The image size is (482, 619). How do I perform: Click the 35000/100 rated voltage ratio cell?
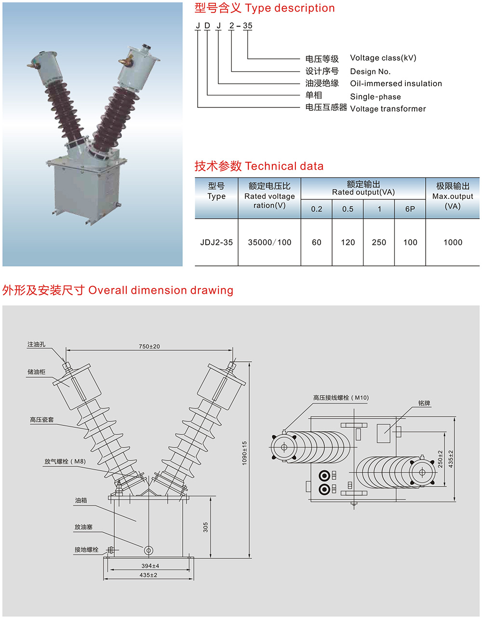pyautogui.click(x=269, y=242)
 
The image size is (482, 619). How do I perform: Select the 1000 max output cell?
pyautogui.click(x=453, y=242)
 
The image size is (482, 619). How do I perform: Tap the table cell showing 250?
pyautogui.click(x=379, y=242)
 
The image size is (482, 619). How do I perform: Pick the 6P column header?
pyautogui.click(x=410, y=209)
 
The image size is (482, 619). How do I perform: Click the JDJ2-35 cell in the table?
pyautogui.click(x=216, y=242)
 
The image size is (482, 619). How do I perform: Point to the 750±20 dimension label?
pyautogui.click(x=149, y=346)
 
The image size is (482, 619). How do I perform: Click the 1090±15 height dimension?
pyautogui.click(x=244, y=453)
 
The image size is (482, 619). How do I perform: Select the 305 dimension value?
pyautogui.click(x=206, y=527)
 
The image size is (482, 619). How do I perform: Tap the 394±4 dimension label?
pyautogui.click(x=150, y=566)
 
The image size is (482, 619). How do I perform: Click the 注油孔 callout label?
pyautogui.click(x=36, y=344)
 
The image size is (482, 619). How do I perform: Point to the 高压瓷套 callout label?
pyautogui.click(x=42, y=420)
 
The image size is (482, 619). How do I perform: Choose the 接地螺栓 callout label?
pyautogui.click(x=86, y=550)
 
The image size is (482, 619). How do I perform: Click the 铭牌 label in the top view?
pyautogui.click(x=424, y=403)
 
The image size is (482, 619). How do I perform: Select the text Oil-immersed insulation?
pyautogui.click(x=396, y=83)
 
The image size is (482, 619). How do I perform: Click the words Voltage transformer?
pyautogui.click(x=388, y=108)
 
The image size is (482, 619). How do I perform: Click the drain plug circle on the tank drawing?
pyautogui.click(x=148, y=550)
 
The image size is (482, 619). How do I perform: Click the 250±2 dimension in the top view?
pyautogui.click(x=440, y=459)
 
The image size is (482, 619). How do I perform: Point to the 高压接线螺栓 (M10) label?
pyautogui.click(x=341, y=398)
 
